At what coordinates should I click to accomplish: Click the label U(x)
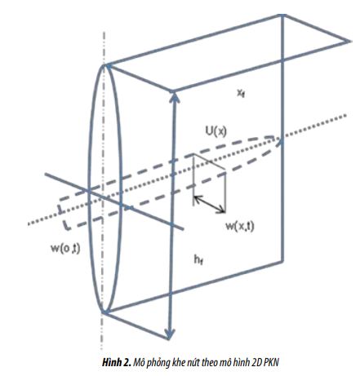[216, 131]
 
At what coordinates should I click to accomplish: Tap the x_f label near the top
[241, 93]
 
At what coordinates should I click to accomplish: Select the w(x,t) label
[240, 226]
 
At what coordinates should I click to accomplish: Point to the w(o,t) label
[65, 249]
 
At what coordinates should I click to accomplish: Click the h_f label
[198, 260]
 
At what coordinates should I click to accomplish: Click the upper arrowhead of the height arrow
[175, 97]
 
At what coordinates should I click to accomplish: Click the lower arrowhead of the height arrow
[170, 334]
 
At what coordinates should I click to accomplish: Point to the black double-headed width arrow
[210, 204]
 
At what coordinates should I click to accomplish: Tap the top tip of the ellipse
[104, 65]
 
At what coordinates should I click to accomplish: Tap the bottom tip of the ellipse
[104, 312]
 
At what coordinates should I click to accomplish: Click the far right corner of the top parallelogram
[350, 42]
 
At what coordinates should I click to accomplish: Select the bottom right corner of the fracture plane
[282, 261]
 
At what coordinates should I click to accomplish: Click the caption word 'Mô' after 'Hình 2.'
[138, 362]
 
